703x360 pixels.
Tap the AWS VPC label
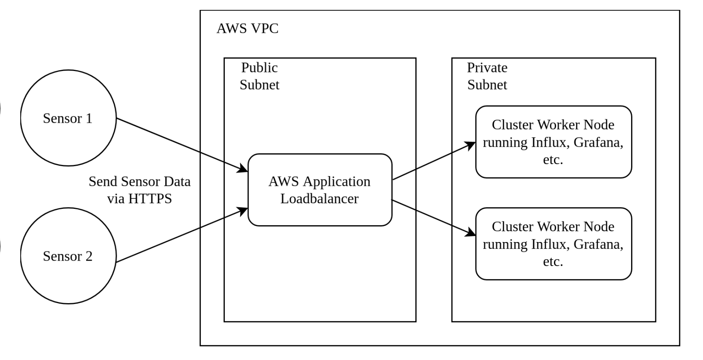pyautogui.click(x=247, y=29)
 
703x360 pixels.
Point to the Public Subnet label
pyautogui.click(x=259, y=76)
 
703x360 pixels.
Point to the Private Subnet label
pyautogui.click(x=487, y=76)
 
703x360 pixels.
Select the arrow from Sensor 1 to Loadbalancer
pyautogui.click(x=181, y=145)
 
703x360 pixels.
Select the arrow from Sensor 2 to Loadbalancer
pyautogui.click(x=181, y=235)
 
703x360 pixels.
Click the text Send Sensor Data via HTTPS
pyautogui.click(x=140, y=190)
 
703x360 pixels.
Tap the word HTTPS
pyautogui.click(x=152, y=199)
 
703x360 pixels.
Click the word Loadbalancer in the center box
pyautogui.click(x=320, y=199)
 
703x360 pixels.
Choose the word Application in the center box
pyautogui.click(x=336, y=182)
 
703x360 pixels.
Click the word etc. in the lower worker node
pyautogui.click(x=553, y=261)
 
